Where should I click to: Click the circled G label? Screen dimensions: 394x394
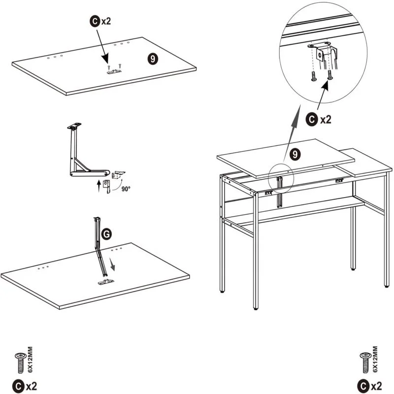click(106, 234)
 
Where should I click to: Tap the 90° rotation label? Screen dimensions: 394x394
click(126, 189)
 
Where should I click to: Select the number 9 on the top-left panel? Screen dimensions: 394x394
click(153, 59)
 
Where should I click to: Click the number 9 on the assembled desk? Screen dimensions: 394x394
click(295, 154)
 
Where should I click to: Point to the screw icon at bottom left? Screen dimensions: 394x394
click(21, 363)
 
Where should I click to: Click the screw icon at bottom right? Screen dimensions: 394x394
click(366, 363)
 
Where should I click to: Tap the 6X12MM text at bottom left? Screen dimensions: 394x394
click(30, 360)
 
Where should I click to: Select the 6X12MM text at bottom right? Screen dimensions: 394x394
click(375, 360)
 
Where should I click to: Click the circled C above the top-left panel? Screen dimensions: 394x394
click(95, 21)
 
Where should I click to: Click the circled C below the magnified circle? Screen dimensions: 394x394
click(312, 119)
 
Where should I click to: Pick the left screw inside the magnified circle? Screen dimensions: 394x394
click(314, 76)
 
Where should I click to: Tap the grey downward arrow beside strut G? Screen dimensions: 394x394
click(112, 264)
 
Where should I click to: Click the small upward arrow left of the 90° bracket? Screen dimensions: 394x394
click(99, 186)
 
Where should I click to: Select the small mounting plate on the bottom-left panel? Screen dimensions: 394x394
click(106, 282)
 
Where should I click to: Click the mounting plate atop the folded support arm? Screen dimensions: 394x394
click(74, 126)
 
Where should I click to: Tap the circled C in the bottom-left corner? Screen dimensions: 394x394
click(18, 386)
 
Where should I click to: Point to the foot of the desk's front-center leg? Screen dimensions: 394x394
click(256, 308)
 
